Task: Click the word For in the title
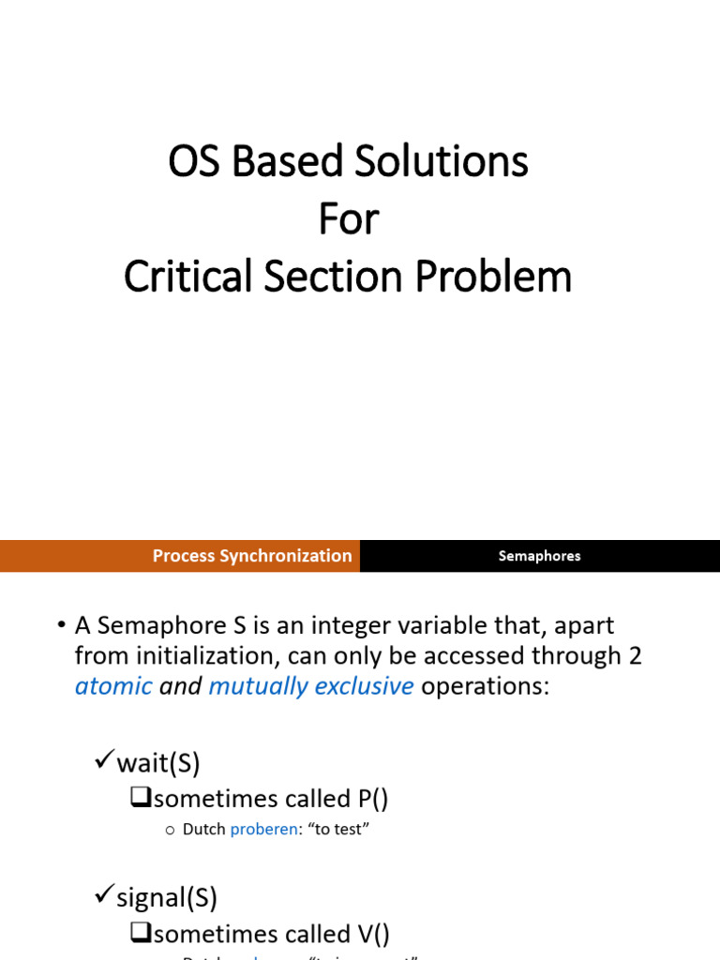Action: tap(348, 220)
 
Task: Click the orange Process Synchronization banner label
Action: tap(252, 556)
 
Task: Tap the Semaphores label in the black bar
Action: tap(539, 556)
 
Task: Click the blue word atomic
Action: tap(113, 686)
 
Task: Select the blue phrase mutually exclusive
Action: tap(310, 686)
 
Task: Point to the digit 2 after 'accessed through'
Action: tap(635, 655)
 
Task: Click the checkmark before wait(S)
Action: tap(105, 762)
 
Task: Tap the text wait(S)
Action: tap(158, 764)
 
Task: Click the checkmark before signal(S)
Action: tap(105, 897)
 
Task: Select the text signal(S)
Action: tap(167, 899)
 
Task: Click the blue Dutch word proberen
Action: tap(263, 830)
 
